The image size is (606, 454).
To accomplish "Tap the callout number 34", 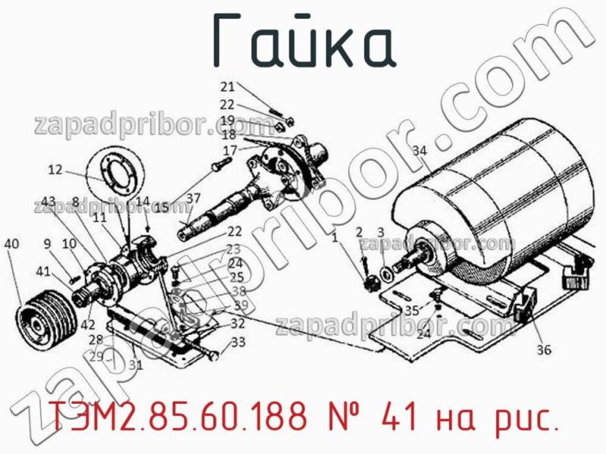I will coord(420,150).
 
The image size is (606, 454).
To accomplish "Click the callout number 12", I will coord(55,170).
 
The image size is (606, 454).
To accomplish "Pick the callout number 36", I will coord(544,349).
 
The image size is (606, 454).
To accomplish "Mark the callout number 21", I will coord(228,86).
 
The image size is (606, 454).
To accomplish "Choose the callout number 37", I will coord(193,199).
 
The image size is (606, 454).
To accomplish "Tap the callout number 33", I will coord(239,342).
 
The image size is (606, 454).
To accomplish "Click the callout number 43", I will coord(48,201).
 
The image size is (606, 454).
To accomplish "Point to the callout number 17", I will coord(229,149).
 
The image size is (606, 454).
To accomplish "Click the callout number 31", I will coord(136,365).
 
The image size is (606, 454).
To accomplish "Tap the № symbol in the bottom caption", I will coord(350,415).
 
